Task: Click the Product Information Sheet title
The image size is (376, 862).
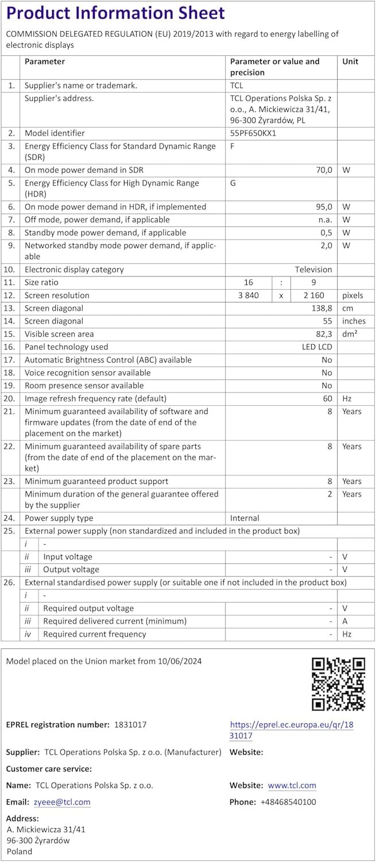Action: (115, 13)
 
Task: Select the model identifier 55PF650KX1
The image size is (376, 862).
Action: (253, 133)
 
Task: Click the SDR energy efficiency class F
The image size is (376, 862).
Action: (232, 146)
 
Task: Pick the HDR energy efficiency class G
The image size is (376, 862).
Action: (233, 183)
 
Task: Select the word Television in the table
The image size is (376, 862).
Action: (313, 270)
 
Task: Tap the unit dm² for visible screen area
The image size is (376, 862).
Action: (350, 334)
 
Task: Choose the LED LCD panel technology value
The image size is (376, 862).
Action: (317, 347)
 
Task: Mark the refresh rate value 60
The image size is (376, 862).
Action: (328, 398)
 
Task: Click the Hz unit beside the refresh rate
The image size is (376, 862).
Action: (347, 398)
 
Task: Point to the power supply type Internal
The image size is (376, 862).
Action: (245, 518)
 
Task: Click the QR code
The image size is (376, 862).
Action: (338, 684)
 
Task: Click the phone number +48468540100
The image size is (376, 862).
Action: (288, 802)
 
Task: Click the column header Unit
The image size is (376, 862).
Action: (350, 61)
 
